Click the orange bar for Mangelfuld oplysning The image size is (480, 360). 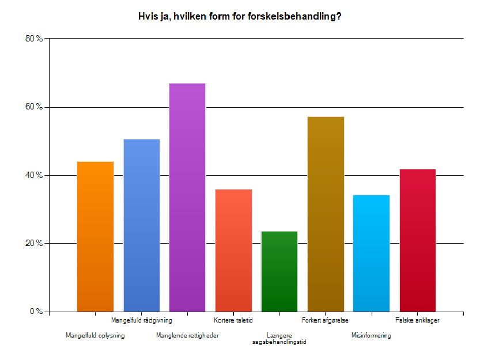[x=95, y=236]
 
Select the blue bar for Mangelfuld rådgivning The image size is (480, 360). [x=141, y=225]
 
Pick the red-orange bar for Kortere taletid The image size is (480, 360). [x=233, y=250]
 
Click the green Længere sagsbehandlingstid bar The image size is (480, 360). [x=279, y=271]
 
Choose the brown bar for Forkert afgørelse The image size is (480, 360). [x=326, y=214]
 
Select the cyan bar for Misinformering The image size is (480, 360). [x=372, y=253]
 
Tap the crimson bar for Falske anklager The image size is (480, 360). [x=418, y=240]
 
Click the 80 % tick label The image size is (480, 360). [x=35, y=39]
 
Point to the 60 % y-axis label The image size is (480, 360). [x=35, y=107]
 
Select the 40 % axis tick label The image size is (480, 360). [x=35, y=175]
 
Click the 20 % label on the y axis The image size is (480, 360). [x=35, y=243]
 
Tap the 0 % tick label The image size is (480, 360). [x=36, y=312]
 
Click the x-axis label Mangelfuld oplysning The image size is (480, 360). [x=95, y=335]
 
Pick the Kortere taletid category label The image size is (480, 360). [x=233, y=320]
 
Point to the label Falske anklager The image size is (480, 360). [x=418, y=320]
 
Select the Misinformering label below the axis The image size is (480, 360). [x=371, y=335]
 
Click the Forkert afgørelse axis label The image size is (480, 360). [x=325, y=320]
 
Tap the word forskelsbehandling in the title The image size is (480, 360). [x=291, y=17]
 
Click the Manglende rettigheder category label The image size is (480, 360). [x=187, y=335]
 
